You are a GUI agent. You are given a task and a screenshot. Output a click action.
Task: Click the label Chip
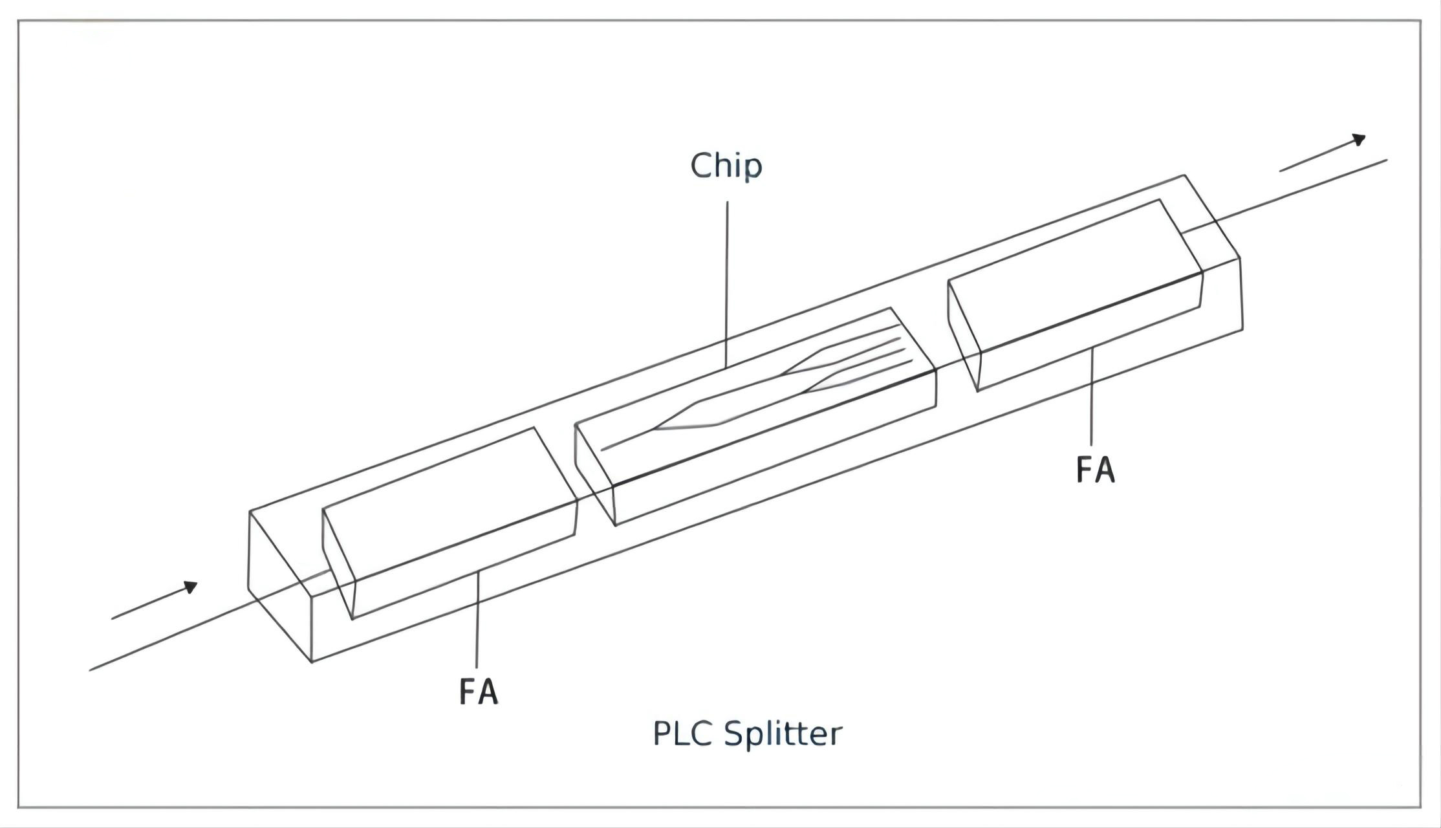coord(726,166)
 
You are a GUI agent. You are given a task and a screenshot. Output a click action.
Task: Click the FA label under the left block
coord(479,692)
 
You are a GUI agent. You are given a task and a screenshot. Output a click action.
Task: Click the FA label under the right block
coord(1096,470)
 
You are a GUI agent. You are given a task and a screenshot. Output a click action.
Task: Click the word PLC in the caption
coord(682,734)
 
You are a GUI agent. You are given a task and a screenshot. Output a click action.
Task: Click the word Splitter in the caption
coord(783,734)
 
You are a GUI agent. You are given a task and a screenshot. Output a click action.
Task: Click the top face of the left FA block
coord(446,505)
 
